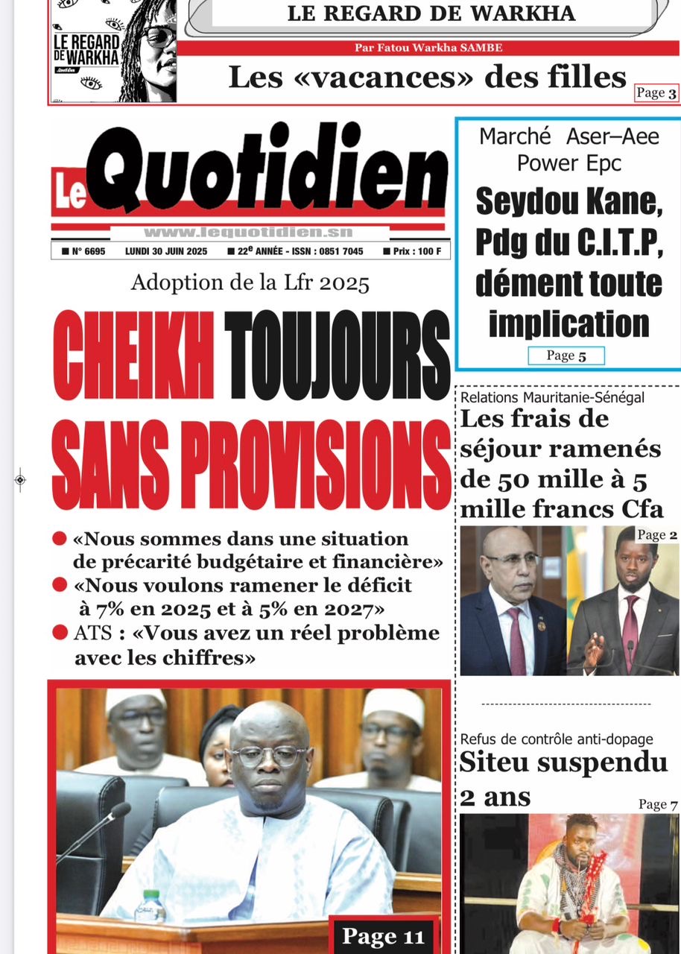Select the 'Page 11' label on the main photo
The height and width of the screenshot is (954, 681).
click(x=382, y=935)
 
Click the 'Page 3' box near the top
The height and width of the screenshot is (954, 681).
click(x=656, y=93)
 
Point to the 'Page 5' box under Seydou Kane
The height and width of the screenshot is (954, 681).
click(x=566, y=356)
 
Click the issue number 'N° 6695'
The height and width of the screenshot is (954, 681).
click(x=84, y=251)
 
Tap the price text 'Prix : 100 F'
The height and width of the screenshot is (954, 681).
click(x=412, y=251)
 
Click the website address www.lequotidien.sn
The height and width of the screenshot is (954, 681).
click(x=248, y=232)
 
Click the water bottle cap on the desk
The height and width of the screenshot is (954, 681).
click(x=152, y=895)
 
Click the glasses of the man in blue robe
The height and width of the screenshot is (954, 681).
click(x=268, y=756)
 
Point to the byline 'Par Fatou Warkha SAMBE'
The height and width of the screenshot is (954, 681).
click(x=428, y=48)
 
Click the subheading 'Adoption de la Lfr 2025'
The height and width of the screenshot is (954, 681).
click(x=250, y=283)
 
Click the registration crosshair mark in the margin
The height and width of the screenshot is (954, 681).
click(x=20, y=480)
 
